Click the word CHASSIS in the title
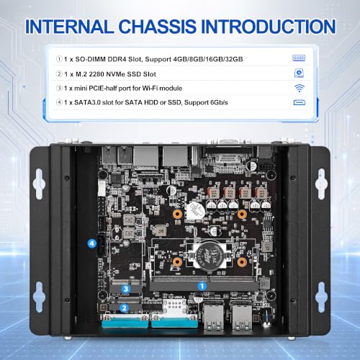[158, 26]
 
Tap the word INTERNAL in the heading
[69, 26]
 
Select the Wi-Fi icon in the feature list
[300, 88]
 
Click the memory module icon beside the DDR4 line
[299, 58]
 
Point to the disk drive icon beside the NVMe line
[299, 73]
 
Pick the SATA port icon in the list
[300, 103]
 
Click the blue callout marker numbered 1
[202, 286]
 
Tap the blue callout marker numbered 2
[124, 308]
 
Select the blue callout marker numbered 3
[126, 289]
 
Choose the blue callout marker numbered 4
[92, 243]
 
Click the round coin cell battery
[207, 256]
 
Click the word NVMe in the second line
[115, 74]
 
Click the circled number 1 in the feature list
[59, 59]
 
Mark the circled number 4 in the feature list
[59, 102]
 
